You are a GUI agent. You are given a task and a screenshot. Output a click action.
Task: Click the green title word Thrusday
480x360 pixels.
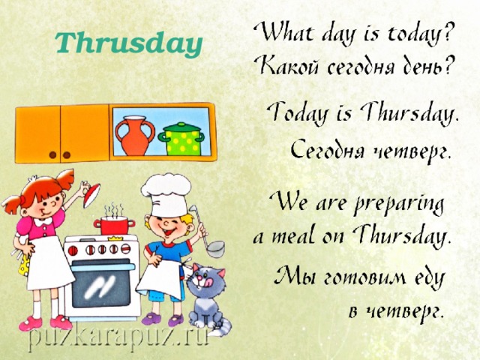pos(129,44)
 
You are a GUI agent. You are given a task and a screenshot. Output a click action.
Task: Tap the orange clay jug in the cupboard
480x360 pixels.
pos(135,135)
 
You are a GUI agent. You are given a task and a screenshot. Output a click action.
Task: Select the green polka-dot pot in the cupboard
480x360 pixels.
pos(181,139)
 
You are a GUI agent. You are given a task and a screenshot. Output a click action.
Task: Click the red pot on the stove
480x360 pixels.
pos(115,225)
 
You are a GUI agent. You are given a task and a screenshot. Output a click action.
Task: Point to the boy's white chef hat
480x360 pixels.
pos(166,195)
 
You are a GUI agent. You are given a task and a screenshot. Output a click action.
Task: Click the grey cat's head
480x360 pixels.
pos(206,282)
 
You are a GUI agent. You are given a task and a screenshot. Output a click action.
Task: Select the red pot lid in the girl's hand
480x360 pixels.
pos(91,195)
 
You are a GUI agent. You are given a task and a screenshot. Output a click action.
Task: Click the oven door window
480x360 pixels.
pos(101,286)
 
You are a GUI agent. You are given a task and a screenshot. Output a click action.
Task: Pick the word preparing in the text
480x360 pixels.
pos(398,205)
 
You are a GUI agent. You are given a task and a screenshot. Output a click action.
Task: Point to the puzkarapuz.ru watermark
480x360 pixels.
pos(118,338)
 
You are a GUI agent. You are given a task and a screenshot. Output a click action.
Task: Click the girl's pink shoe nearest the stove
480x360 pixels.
pos(60,322)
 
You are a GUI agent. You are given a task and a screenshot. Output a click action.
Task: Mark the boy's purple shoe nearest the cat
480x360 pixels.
pos(175,320)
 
